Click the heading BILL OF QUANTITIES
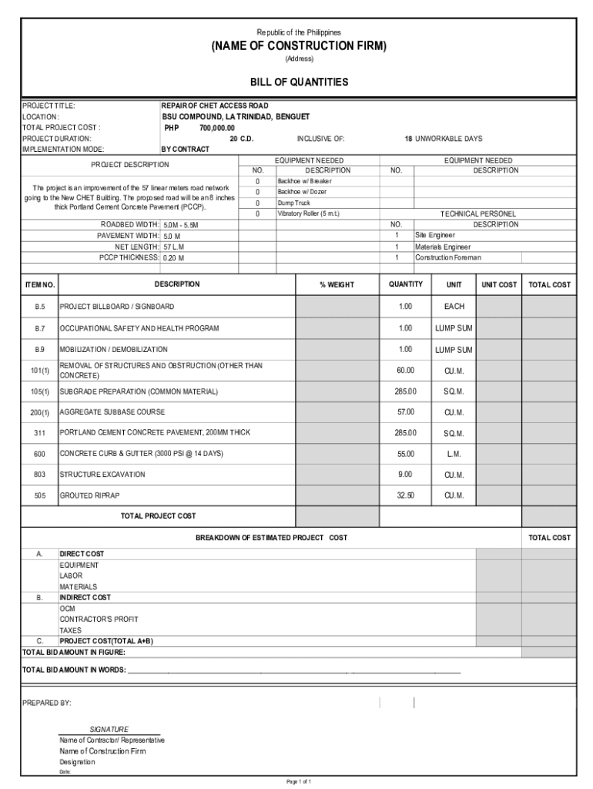click(299, 82)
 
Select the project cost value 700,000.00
click(217, 128)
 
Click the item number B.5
click(39, 307)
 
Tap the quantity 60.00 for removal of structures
click(405, 371)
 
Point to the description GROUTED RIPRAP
click(90, 495)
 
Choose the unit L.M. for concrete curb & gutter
click(454, 454)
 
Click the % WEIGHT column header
click(337, 285)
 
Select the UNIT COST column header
click(499, 285)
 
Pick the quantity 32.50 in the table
click(405, 495)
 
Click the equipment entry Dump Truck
click(293, 203)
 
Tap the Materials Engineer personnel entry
click(443, 247)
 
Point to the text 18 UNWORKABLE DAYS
click(444, 139)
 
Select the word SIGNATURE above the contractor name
click(109, 729)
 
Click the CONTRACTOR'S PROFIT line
click(99, 619)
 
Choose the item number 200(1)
click(39, 412)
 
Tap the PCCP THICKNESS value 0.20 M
click(173, 258)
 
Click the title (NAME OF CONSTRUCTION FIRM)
click(299, 46)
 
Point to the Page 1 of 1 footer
click(299, 781)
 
